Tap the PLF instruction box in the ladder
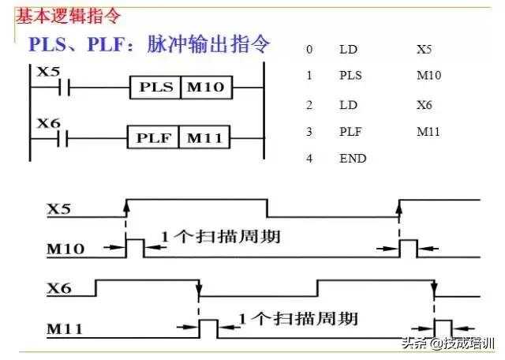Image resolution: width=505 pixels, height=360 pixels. pos(154,139)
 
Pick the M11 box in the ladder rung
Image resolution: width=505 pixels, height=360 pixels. pos(205,139)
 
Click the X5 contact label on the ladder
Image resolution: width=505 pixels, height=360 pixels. pos(49,71)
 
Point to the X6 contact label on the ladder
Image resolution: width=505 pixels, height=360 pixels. pos(49,124)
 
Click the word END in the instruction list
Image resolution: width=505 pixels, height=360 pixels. pos(353,158)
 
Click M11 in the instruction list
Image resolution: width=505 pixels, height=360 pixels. pos(426,131)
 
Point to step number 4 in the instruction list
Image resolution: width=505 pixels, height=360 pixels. pos(310,158)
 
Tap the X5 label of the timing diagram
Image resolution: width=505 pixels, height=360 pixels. pos(60,209)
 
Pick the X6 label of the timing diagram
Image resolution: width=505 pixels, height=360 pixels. pos(60,289)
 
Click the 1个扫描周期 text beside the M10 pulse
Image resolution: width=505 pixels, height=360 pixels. pos(219,236)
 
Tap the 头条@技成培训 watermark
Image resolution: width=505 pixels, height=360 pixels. pos(454,343)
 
